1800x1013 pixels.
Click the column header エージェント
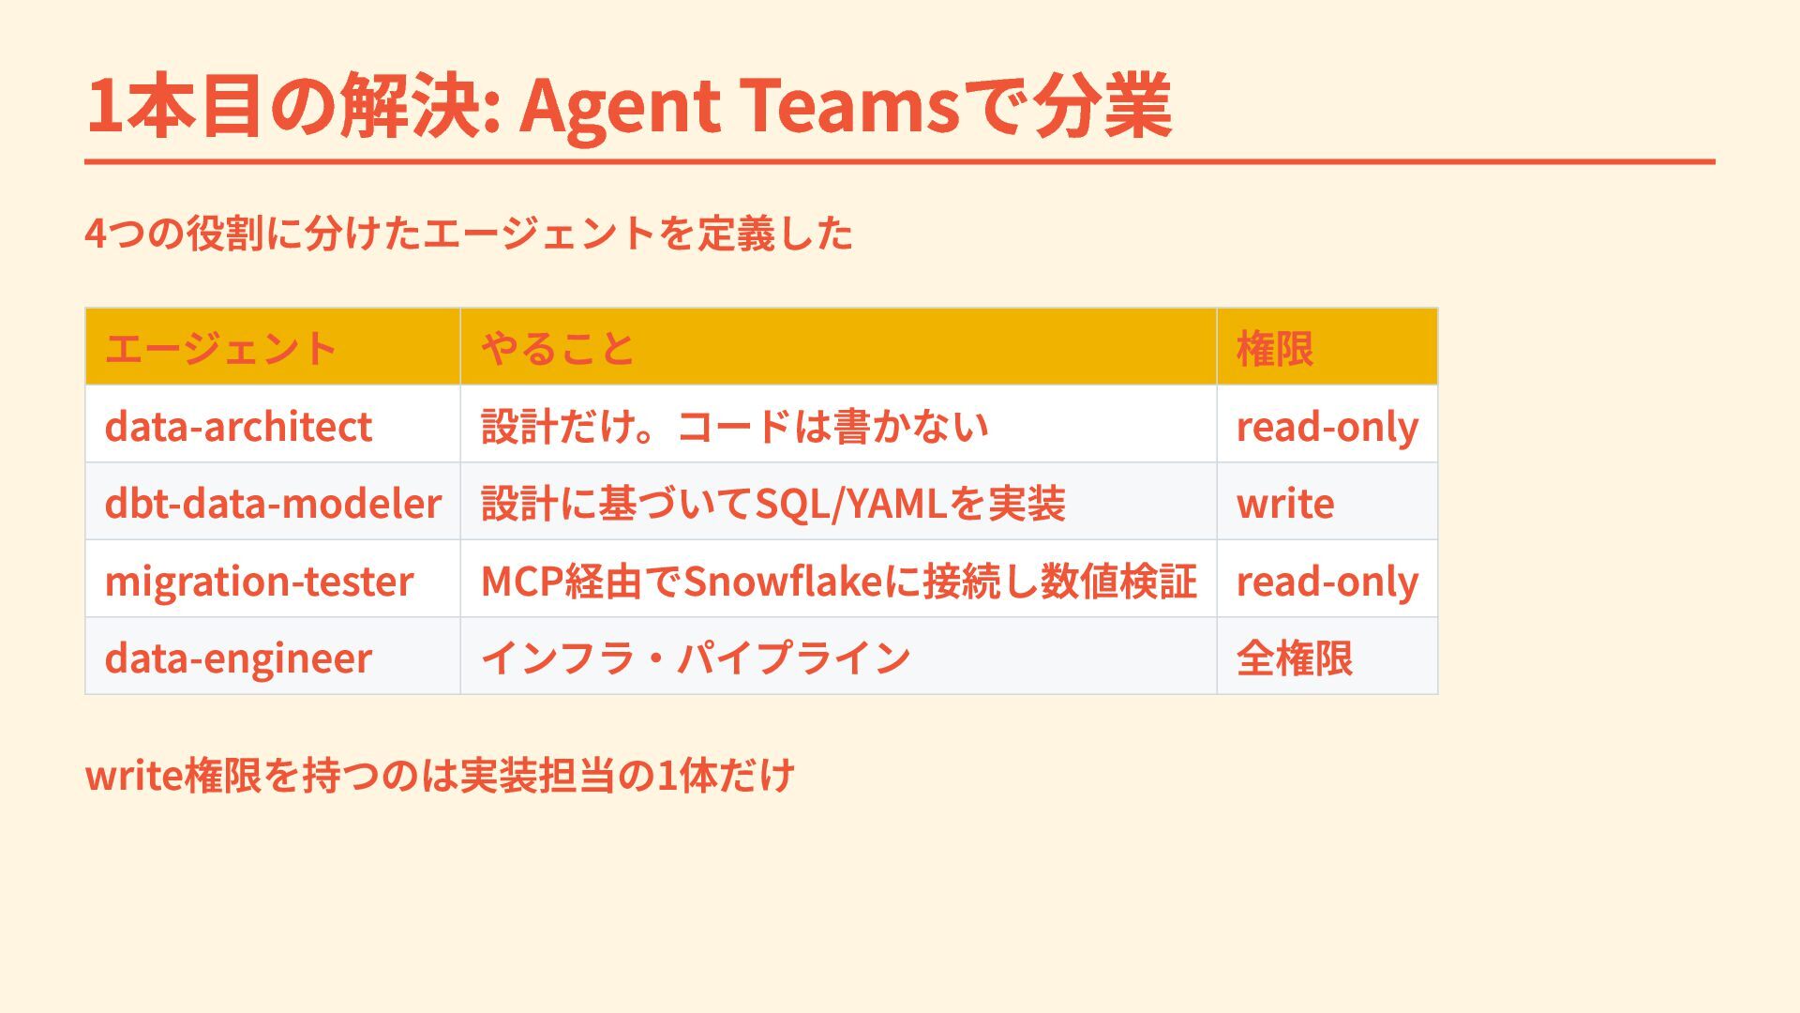[x=220, y=348]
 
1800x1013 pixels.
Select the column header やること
[x=558, y=348]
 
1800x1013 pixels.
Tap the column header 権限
[x=1275, y=348]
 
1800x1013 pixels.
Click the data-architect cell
[x=238, y=427]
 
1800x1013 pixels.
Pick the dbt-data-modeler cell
[x=273, y=504]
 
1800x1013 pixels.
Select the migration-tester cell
[x=259, y=582]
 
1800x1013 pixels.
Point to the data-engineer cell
[x=238, y=658]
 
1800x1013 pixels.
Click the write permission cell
[x=1285, y=504]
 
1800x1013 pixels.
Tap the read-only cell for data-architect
[x=1327, y=427]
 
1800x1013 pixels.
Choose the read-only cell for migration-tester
[x=1327, y=582]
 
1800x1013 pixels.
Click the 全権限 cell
[x=1295, y=658]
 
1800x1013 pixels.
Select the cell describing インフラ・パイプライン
[x=696, y=658]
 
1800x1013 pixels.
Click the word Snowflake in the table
[x=784, y=582]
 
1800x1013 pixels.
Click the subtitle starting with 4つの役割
[x=469, y=233]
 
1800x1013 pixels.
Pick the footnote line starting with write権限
[x=440, y=775]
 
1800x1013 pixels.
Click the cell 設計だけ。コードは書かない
[x=735, y=427]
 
